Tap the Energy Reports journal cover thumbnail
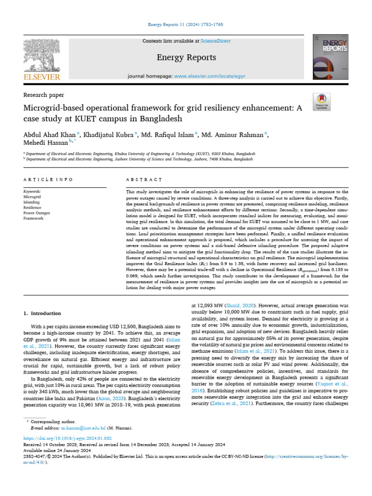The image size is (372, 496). pyautogui.click(x=330, y=59)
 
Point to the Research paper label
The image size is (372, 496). pyautogui.click(x=44, y=95)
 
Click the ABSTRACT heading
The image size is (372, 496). pyautogui.click(x=144, y=180)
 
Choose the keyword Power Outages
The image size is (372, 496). pyautogui.click(x=37, y=213)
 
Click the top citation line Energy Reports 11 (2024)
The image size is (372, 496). pyautogui.click(x=186, y=25)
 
